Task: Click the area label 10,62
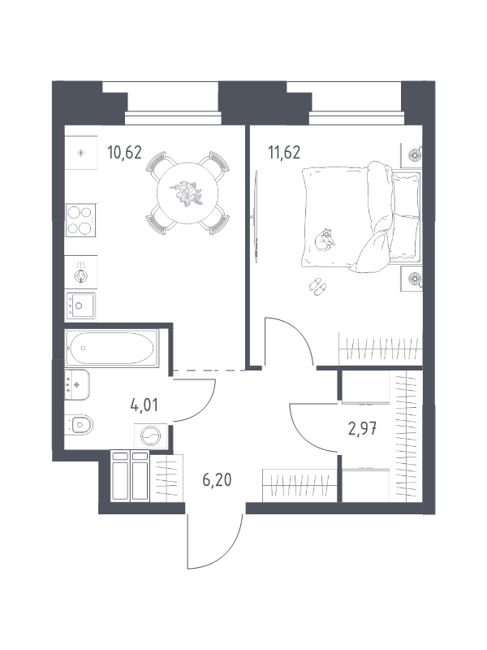click(124, 153)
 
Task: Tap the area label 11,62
click(284, 153)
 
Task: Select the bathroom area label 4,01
click(144, 405)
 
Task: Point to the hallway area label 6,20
click(217, 480)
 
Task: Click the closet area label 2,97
click(363, 428)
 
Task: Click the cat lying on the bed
click(325, 240)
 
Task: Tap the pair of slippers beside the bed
click(317, 287)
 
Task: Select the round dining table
click(187, 193)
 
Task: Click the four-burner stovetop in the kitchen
click(80, 220)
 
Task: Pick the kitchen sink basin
click(80, 305)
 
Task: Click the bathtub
click(112, 348)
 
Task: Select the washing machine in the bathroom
click(150, 435)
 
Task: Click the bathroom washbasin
click(76, 384)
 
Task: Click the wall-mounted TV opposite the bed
click(256, 217)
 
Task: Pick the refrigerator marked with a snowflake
click(80, 153)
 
